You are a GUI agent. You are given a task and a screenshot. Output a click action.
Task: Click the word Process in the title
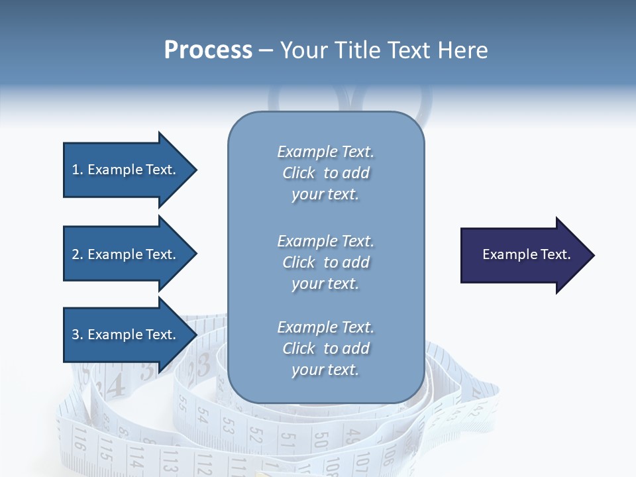(208, 50)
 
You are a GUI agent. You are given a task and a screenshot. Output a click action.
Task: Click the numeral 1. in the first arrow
(78, 170)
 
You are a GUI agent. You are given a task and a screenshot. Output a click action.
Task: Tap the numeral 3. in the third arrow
(78, 335)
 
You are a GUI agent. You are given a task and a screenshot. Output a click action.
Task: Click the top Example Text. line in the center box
(325, 152)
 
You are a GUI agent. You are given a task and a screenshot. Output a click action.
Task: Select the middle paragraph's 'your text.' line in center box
(325, 284)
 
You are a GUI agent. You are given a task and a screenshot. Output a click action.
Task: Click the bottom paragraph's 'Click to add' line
(325, 348)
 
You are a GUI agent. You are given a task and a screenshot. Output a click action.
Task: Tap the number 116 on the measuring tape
(79, 440)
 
